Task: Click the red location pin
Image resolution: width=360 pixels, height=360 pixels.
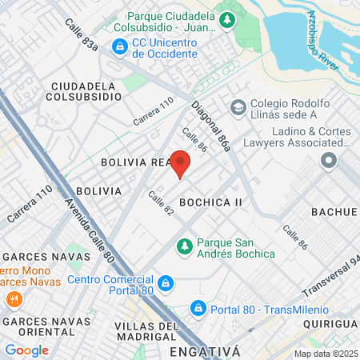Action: pyautogui.click(x=180, y=162)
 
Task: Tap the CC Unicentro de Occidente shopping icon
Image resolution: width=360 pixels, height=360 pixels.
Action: pyautogui.click(x=119, y=47)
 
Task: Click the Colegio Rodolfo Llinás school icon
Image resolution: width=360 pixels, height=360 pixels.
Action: pyautogui.click(x=237, y=106)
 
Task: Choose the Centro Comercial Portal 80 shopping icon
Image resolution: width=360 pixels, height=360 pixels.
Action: pyautogui.click(x=165, y=282)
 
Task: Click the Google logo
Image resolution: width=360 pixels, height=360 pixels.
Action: pyautogui.click(x=26, y=350)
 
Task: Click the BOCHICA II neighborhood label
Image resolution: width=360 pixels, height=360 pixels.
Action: pyautogui.click(x=210, y=202)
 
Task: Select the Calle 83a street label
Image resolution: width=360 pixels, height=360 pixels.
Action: pyautogui.click(x=82, y=36)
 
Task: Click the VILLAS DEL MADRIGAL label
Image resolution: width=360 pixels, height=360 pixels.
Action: pyautogui.click(x=146, y=331)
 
